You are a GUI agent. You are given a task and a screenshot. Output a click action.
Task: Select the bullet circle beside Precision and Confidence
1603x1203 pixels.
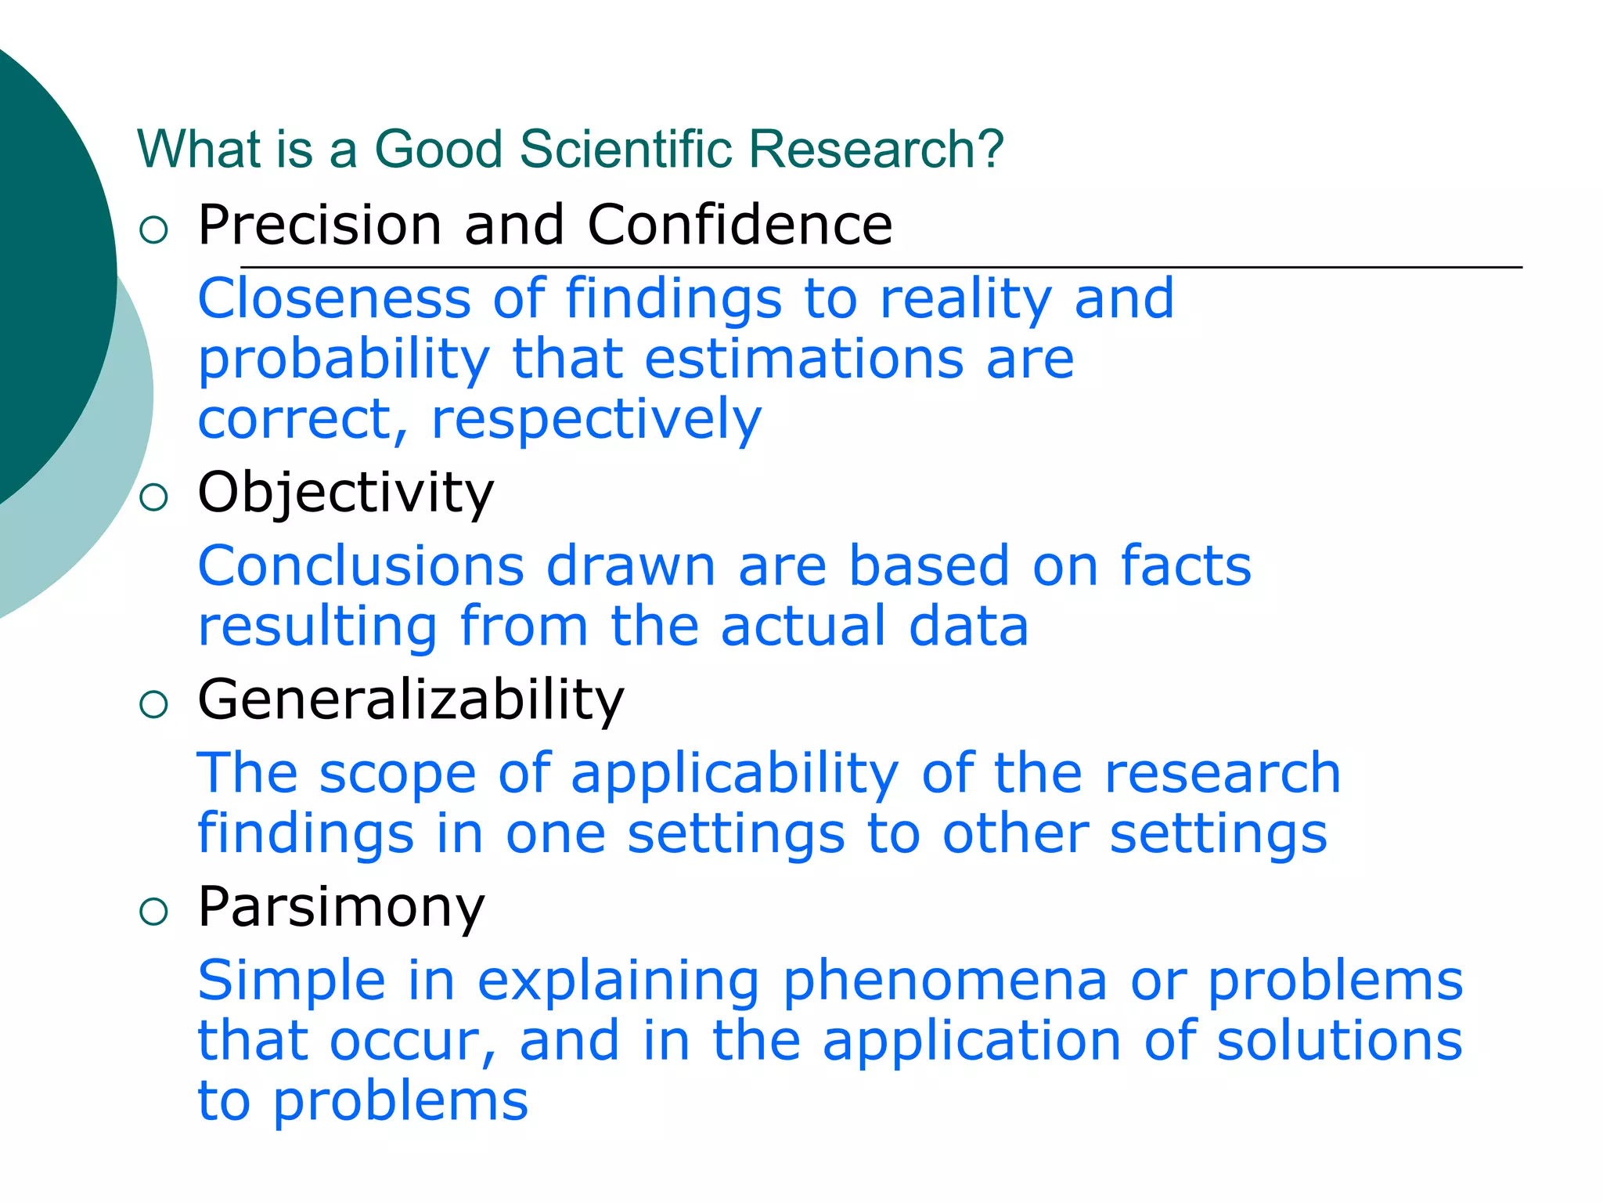[x=153, y=229]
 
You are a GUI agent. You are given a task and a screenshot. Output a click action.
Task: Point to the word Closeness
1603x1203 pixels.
[x=334, y=299]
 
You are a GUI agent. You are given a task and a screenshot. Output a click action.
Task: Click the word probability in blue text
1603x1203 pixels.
[x=344, y=361]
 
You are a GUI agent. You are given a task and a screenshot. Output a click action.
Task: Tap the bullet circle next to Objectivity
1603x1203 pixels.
[x=153, y=497]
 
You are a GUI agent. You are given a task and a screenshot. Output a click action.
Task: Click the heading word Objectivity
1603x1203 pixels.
[x=345, y=494]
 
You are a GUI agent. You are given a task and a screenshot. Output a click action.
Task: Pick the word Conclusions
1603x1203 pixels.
[x=361, y=566]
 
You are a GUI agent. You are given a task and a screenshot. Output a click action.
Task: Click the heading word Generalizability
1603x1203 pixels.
[x=411, y=699]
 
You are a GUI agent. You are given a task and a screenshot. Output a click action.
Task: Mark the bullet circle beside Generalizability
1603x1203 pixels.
[x=153, y=704]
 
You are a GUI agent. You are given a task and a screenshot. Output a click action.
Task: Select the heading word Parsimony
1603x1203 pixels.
[x=341, y=908]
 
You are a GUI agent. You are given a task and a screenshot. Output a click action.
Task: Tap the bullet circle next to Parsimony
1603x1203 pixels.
[x=153, y=912]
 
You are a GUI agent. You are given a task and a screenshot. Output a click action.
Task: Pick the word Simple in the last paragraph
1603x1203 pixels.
[x=292, y=981]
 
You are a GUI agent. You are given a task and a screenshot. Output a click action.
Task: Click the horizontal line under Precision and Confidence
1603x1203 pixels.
[x=881, y=267]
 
